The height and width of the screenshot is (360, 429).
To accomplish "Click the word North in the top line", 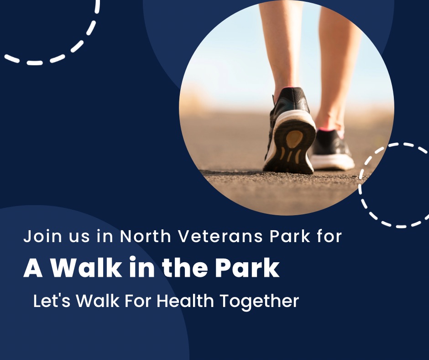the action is (146, 236).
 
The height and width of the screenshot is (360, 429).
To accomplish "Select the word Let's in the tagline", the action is (52, 301).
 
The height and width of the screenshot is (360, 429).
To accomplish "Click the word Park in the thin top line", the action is (290, 236).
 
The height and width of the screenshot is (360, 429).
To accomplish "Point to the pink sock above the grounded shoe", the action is (331, 130).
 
